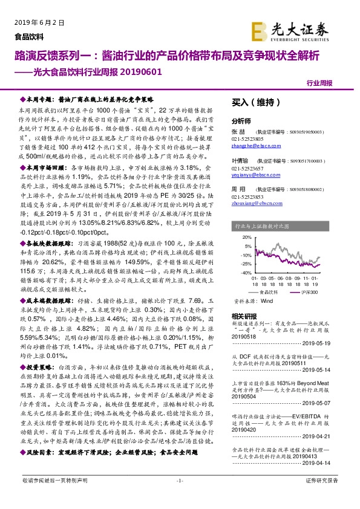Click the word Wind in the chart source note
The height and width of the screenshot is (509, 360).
[267, 300]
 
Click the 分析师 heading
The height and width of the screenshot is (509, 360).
[241, 120]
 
